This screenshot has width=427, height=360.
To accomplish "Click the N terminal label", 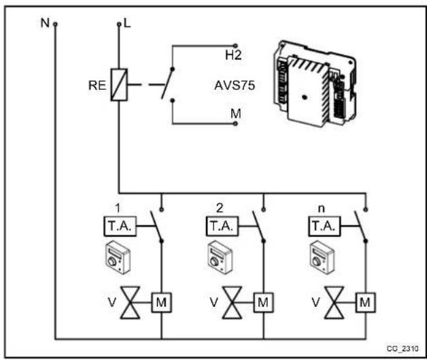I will (44, 22).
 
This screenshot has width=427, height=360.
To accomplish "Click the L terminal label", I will (127, 23).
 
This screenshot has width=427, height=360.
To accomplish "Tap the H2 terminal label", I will (235, 53).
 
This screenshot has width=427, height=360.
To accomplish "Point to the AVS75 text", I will (231, 86).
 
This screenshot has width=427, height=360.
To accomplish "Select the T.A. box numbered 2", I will (221, 225).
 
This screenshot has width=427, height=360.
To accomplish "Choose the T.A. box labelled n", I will (323, 225).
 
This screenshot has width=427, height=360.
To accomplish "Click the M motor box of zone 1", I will (161, 300).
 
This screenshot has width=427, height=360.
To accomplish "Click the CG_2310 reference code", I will (403, 347).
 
